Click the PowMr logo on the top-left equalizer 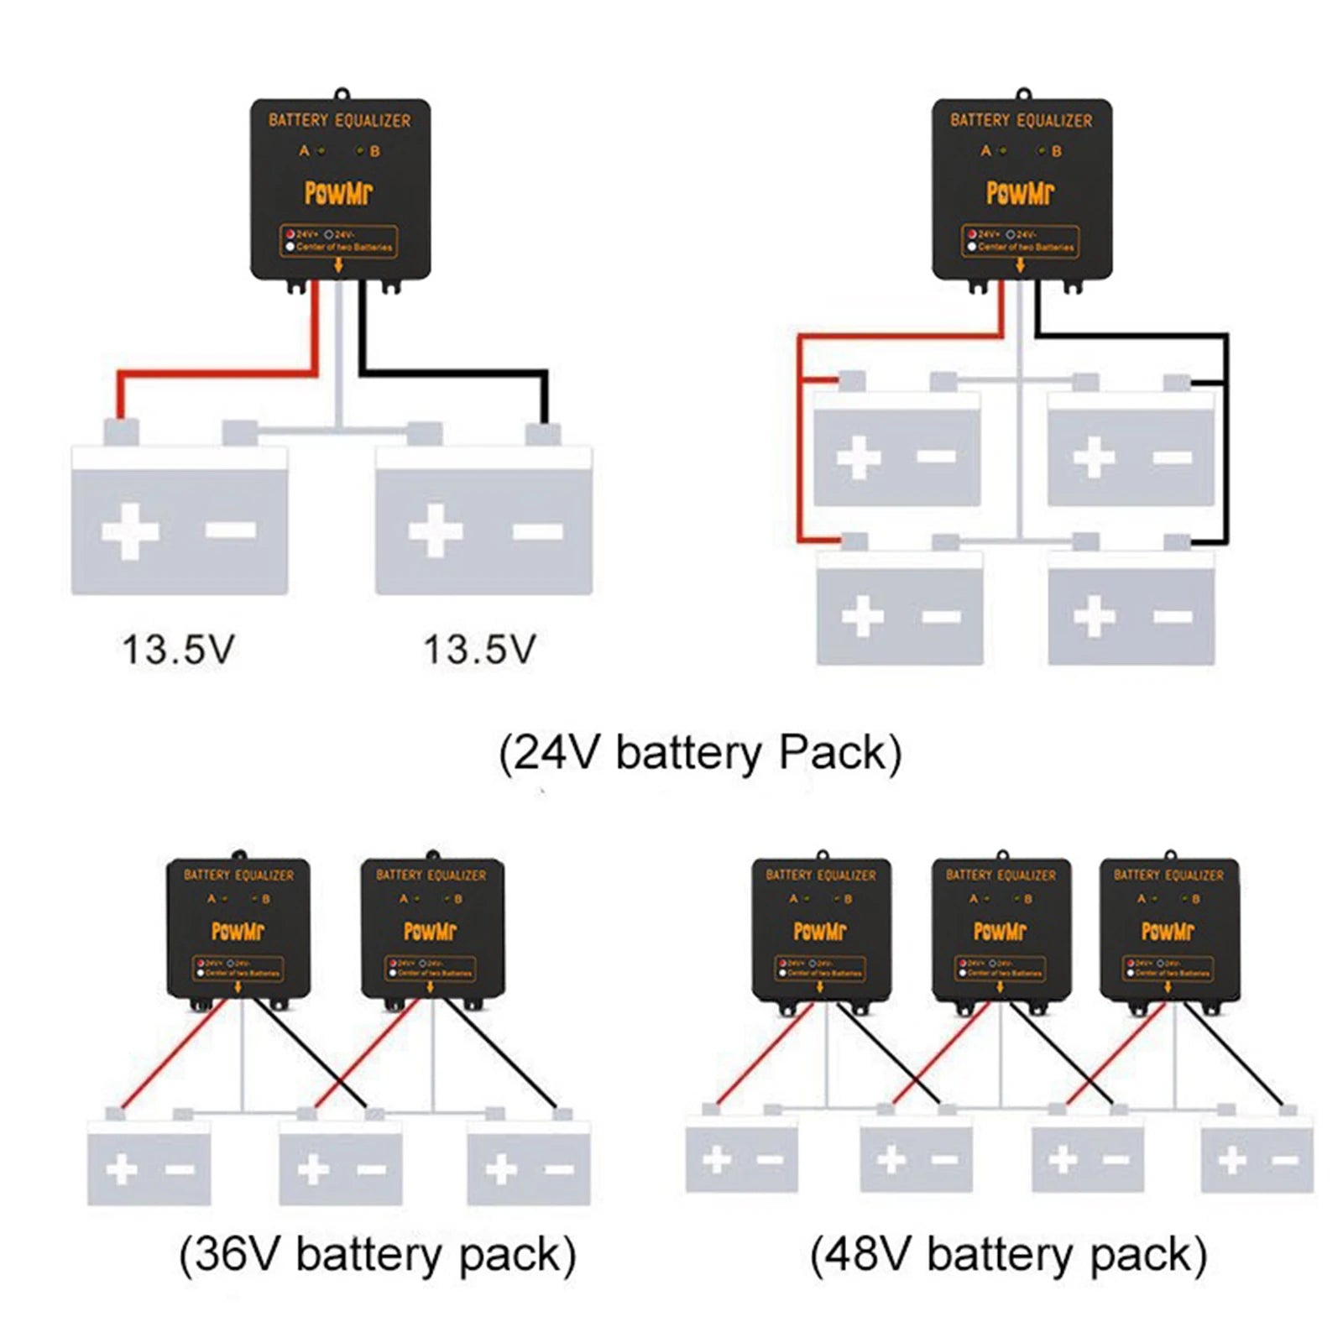pos(338,193)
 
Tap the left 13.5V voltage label pos(178,650)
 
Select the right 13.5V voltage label pos(479,650)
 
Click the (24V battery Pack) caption pos(700,752)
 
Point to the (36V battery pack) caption pos(378,1255)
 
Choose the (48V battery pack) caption pos(1008,1255)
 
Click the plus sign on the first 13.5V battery pos(130,531)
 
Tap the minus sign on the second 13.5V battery pos(538,530)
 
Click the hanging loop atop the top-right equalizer pos(1022,93)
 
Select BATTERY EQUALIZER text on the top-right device pos(1021,121)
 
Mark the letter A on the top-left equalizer pos(305,151)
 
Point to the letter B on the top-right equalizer pos(1057,151)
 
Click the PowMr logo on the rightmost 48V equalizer pos(1168,931)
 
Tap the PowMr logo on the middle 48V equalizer pos(1000,931)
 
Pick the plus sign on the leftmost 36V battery pos(122,1169)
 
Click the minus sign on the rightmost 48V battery pos(1285,1161)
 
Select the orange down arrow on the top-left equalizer pos(339,265)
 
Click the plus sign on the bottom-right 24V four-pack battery pos(1095,617)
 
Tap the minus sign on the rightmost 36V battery pos(559,1169)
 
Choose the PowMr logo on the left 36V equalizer pos(238,931)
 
